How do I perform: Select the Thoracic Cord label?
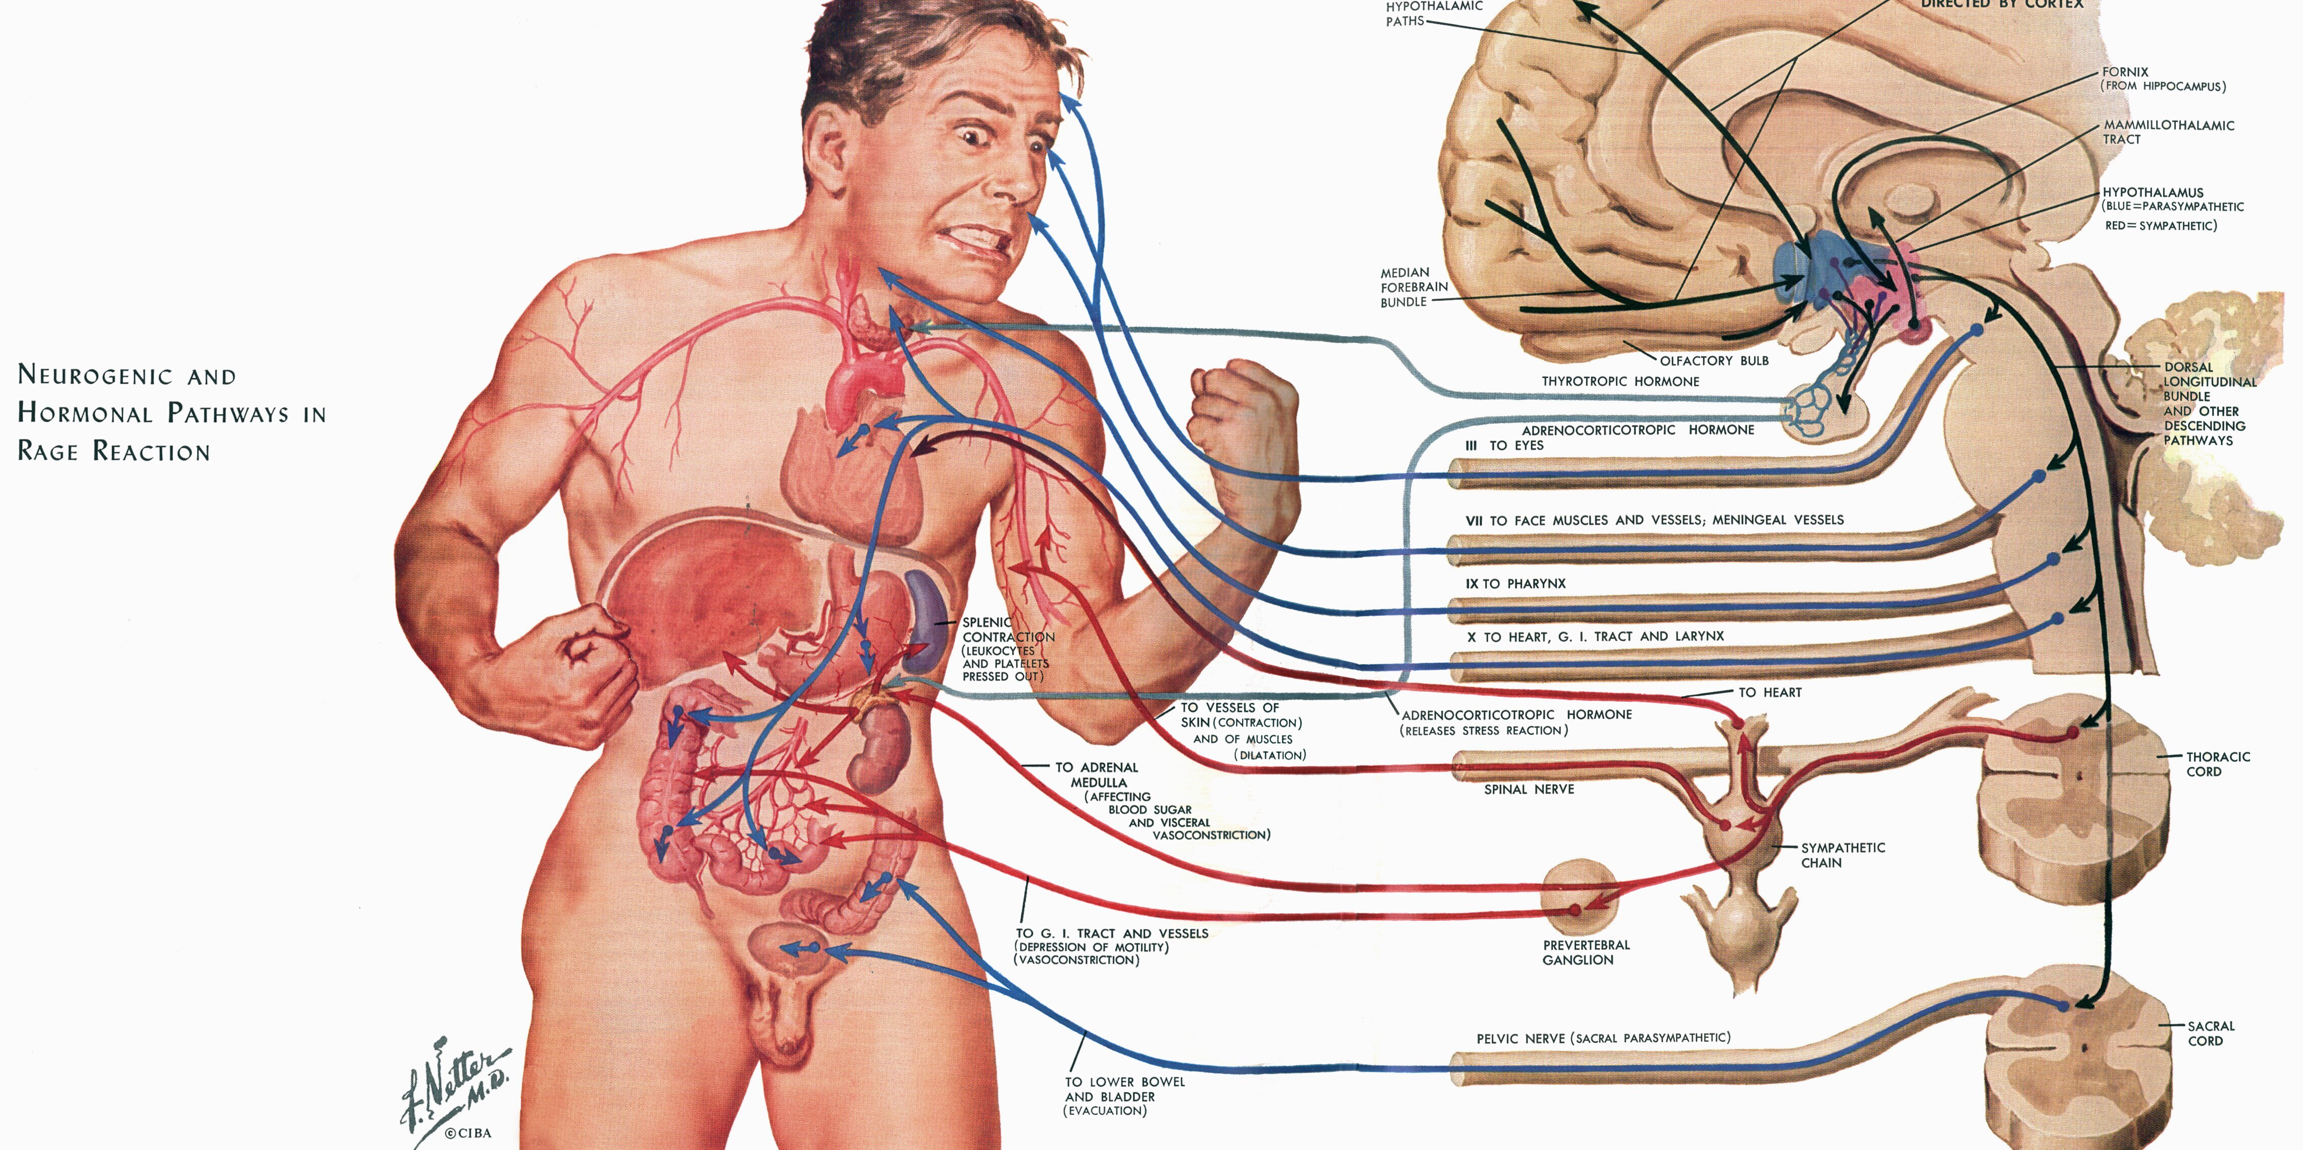(x=2218, y=764)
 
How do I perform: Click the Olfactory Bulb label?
(x=1714, y=360)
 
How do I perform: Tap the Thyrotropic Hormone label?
(x=1620, y=381)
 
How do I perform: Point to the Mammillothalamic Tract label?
(x=2168, y=132)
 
